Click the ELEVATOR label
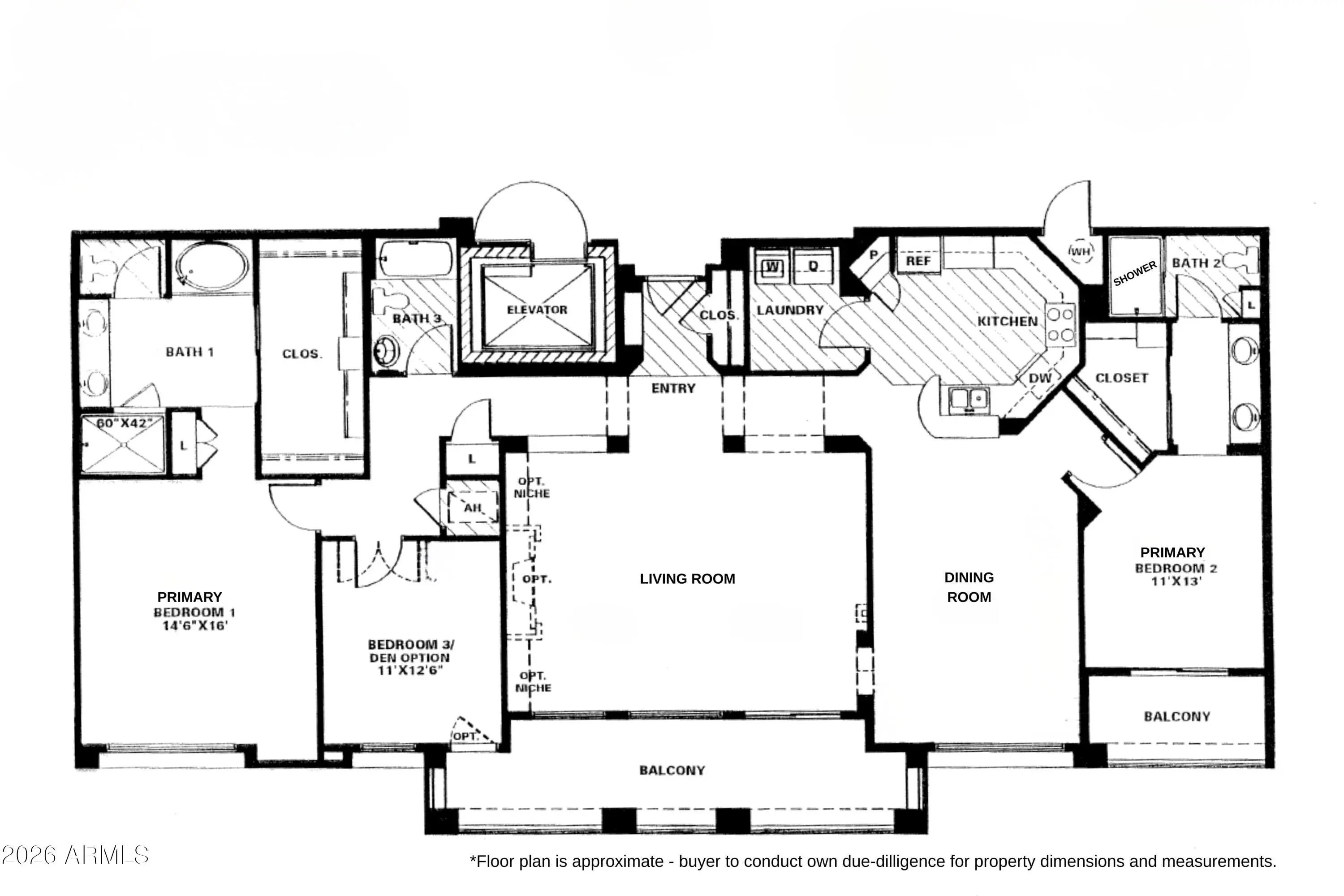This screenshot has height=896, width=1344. tap(537, 310)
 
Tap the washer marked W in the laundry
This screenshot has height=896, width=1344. tap(772, 266)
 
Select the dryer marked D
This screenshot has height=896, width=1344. tap(813, 266)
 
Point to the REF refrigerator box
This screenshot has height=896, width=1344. tap(918, 261)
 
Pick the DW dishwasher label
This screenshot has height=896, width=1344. tap(1040, 378)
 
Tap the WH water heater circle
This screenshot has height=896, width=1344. tap(1079, 251)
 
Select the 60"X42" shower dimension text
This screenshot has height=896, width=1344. tap(125, 423)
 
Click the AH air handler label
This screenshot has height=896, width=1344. tap(473, 508)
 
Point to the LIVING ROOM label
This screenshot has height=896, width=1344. tap(687, 579)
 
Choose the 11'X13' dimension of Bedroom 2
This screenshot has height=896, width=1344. tap(1176, 581)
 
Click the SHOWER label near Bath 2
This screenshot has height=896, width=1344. tap(1135, 274)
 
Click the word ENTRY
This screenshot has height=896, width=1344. tap(674, 388)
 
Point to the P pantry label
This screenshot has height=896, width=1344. tap(874, 255)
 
